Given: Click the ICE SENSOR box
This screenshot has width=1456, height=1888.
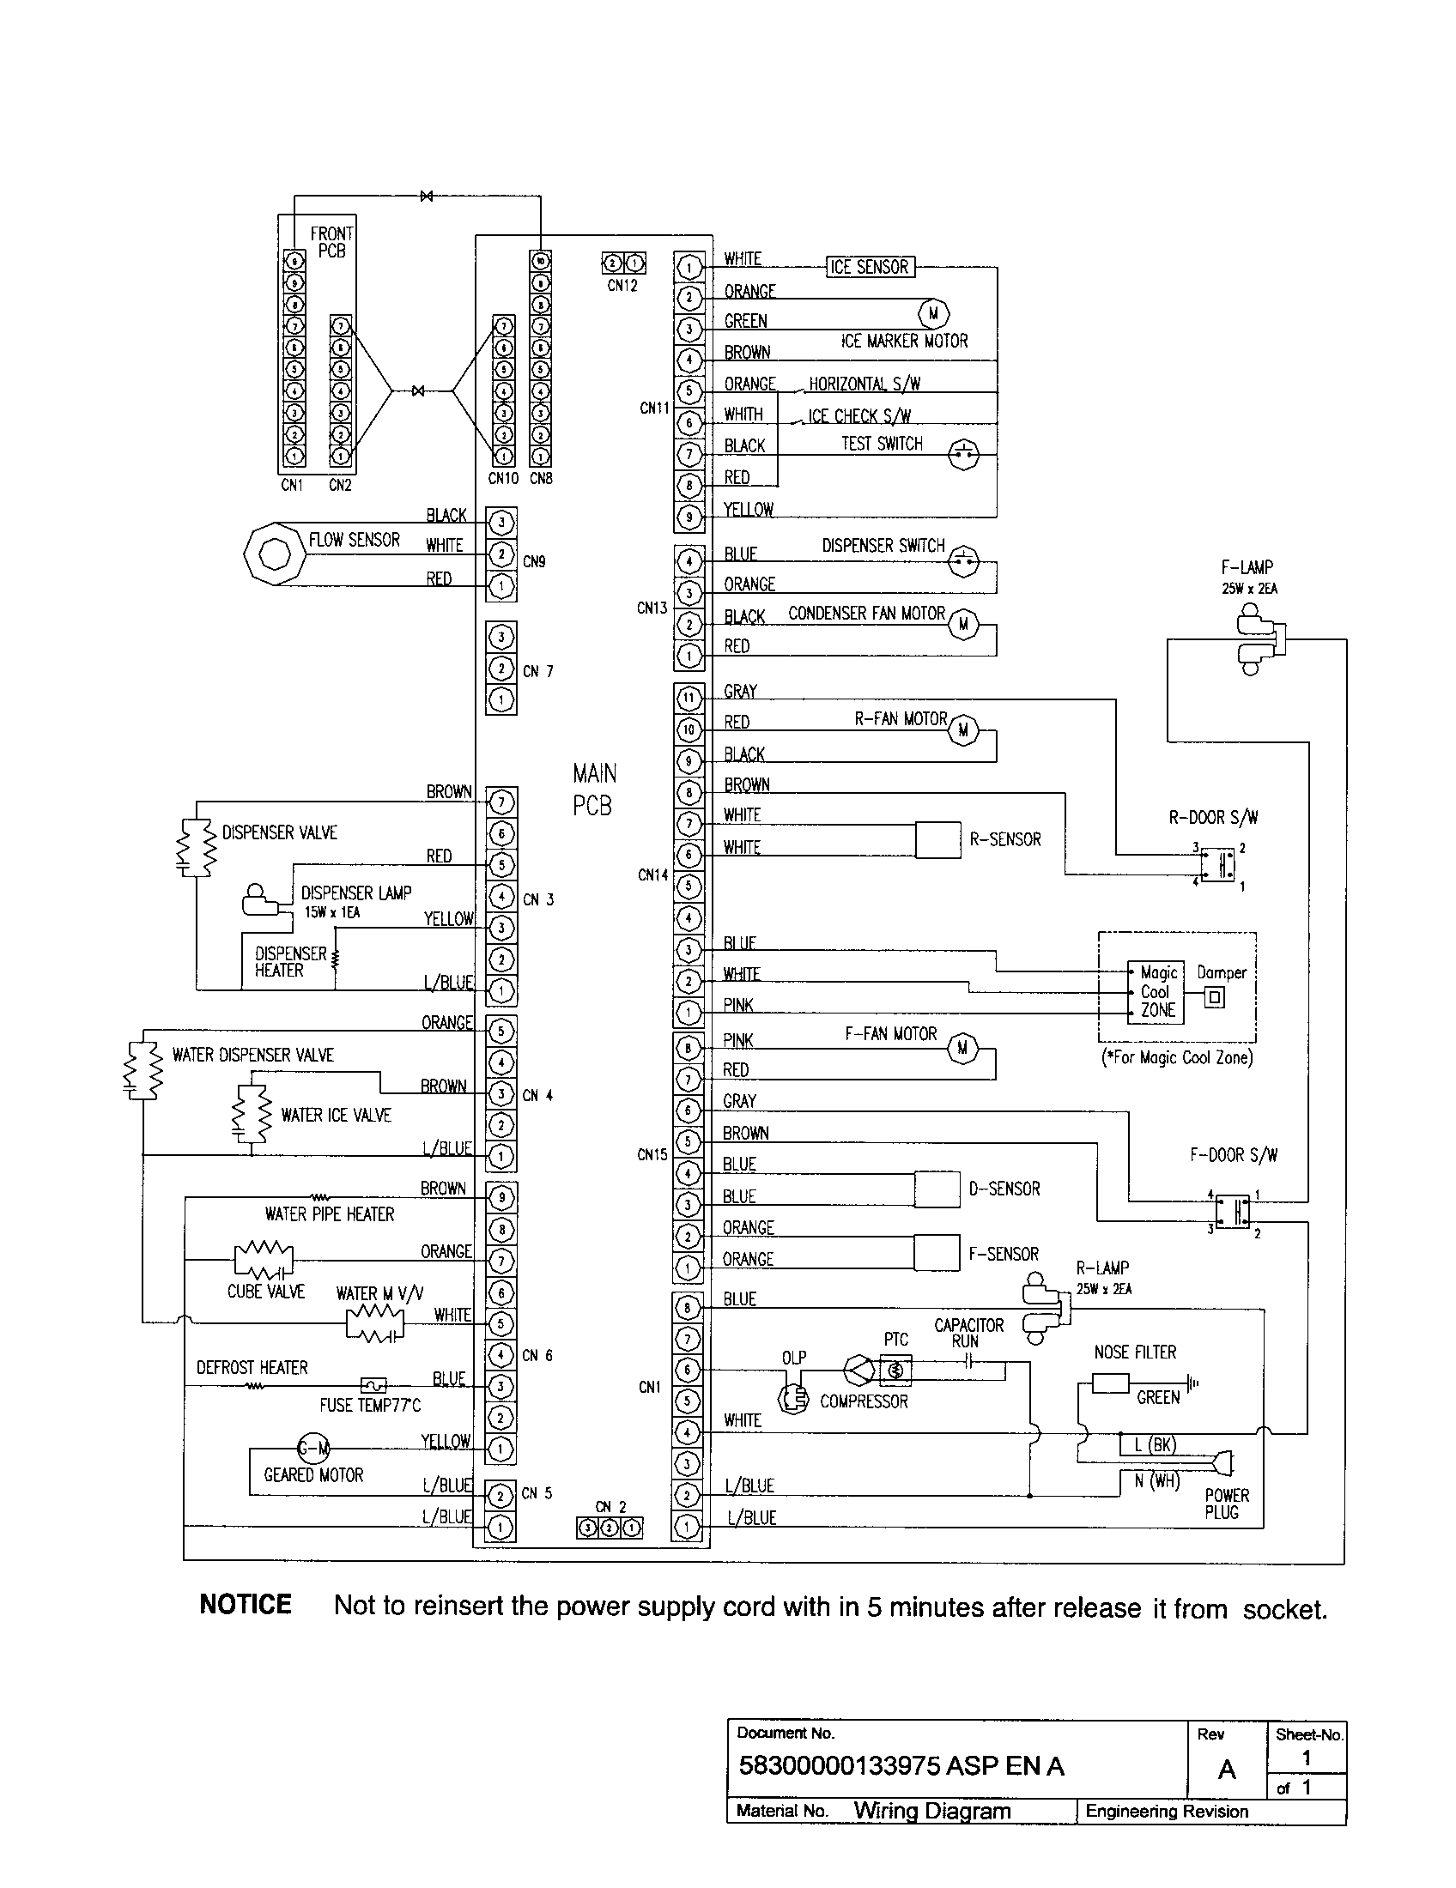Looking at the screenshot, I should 869,267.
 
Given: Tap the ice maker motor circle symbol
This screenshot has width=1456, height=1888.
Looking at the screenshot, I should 932,314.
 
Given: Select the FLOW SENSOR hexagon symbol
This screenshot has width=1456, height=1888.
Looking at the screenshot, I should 275,553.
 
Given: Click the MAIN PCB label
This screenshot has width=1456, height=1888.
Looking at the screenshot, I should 593,790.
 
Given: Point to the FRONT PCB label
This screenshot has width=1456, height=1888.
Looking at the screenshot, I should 331,242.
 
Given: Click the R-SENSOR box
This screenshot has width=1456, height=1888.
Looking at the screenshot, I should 937,839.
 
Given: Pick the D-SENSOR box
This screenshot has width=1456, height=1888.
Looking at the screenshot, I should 937,1189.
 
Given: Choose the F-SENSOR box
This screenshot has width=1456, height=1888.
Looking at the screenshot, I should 937,1253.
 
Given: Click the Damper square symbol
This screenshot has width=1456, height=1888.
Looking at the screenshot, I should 1215,997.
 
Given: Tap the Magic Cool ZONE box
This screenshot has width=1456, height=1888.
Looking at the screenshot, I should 1156,992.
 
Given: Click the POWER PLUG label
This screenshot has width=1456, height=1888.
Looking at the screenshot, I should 1226,1504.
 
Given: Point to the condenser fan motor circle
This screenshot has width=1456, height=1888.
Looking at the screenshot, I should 963,624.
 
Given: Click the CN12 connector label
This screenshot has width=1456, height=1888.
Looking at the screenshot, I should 622,286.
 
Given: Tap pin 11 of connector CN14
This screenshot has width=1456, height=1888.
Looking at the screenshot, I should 689,699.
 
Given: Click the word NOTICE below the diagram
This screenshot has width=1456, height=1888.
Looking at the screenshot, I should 246,1606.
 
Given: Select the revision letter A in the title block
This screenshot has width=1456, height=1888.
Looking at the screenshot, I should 1226,1770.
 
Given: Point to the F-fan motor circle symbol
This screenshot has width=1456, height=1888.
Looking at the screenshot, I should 962,1049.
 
